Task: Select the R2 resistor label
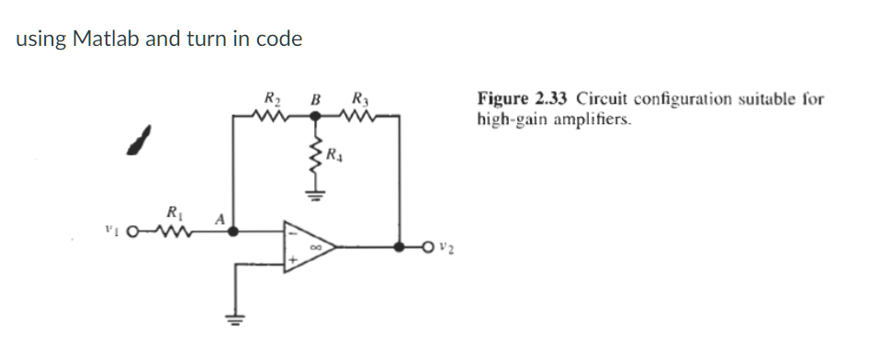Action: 273,99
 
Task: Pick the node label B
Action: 315,99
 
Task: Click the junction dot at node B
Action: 314,116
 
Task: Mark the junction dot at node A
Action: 234,232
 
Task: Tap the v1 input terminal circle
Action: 133,233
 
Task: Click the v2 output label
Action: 445,247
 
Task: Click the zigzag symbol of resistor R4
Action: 314,160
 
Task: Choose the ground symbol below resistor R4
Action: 314,195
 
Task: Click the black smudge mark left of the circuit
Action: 139,141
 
